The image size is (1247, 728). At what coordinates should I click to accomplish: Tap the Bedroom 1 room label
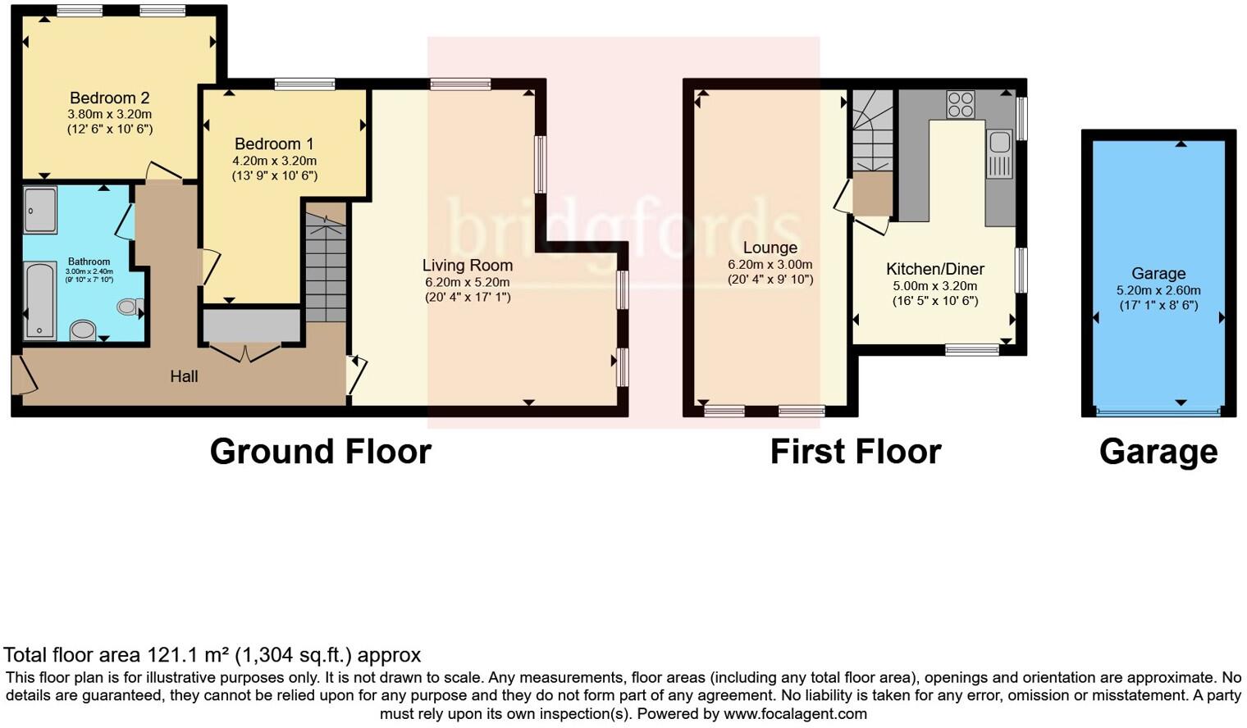(x=274, y=144)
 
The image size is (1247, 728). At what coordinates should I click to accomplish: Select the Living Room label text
(x=467, y=266)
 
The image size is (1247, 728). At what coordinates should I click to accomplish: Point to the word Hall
(x=184, y=377)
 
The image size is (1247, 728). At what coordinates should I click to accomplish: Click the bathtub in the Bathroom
(x=40, y=300)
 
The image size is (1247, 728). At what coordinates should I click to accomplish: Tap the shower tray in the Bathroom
(x=40, y=211)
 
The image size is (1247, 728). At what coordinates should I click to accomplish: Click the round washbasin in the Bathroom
(x=83, y=330)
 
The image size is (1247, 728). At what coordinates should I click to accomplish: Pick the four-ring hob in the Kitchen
(x=961, y=105)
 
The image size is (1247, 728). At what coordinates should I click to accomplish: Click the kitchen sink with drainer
(x=999, y=153)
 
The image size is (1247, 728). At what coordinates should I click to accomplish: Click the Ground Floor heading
(x=320, y=452)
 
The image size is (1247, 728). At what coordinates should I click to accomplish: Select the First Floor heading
(x=855, y=452)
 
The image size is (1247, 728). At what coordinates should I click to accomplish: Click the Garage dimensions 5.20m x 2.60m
(x=1158, y=290)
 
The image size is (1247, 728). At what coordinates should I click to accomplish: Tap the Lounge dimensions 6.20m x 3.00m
(x=770, y=265)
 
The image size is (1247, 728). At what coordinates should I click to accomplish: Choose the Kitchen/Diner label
(x=934, y=269)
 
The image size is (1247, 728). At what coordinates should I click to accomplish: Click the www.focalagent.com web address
(x=795, y=713)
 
